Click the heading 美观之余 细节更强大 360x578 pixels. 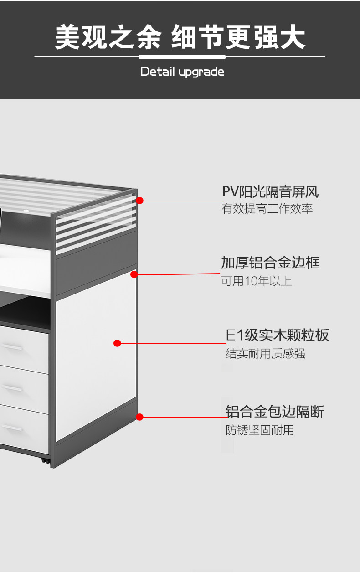pyautogui.click(x=180, y=37)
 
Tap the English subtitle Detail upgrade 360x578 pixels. pyautogui.click(x=182, y=72)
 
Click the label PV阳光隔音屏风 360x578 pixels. pyautogui.click(x=270, y=192)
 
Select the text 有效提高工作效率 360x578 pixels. pyautogui.click(x=267, y=209)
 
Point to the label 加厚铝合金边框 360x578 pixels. pyautogui.click(x=270, y=263)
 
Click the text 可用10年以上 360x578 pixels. pyautogui.click(x=257, y=281)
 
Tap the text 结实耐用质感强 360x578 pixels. pyautogui.click(x=265, y=353)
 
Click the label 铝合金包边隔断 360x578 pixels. pyautogui.click(x=275, y=412)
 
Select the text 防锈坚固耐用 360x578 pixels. pyautogui.click(x=260, y=430)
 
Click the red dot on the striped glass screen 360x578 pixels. pyautogui.click(x=140, y=200)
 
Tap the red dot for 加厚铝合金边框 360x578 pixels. pyautogui.click(x=134, y=274)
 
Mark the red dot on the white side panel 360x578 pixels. pyautogui.click(x=117, y=343)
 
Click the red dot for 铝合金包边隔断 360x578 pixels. pyautogui.click(x=140, y=417)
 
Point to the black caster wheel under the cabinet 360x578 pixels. pyautogui.click(x=46, y=460)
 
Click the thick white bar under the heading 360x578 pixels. pyautogui.click(x=182, y=57)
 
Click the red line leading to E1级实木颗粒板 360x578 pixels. pyautogui.click(x=173, y=343)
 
